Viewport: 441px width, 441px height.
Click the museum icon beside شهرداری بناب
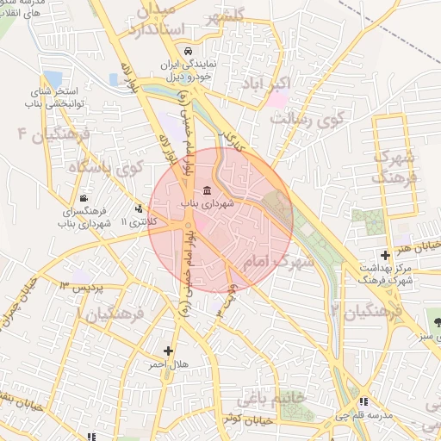click(x=207, y=190)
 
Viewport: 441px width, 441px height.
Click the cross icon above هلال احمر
click(x=168, y=351)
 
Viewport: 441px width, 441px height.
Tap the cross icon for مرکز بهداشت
click(x=385, y=254)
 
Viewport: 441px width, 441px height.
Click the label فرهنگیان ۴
click(x=45, y=135)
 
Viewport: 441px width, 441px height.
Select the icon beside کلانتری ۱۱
click(x=139, y=208)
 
